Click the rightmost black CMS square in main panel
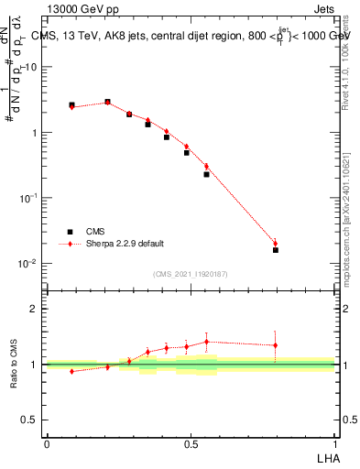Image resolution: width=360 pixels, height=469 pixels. [275, 250]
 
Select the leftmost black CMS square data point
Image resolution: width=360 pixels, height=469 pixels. [71, 105]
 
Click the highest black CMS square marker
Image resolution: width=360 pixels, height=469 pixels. [107, 102]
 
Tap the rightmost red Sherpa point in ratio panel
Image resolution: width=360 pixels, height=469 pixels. [275, 345]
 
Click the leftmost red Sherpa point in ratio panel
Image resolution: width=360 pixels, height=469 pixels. [71, 371]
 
